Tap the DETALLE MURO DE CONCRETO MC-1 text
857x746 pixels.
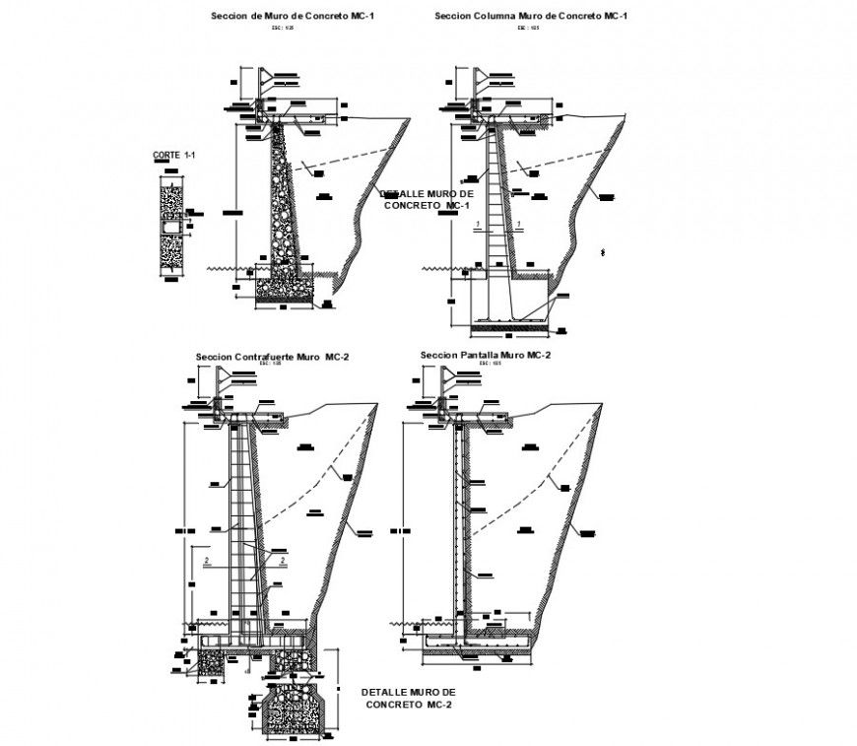(x=427, y=199)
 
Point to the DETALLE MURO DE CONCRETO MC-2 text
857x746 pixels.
(x=409, y=699)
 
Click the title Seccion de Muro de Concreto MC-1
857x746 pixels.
(x=279, y=17)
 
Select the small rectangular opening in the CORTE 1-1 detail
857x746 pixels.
(x=170, y=230)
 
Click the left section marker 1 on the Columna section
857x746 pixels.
(x=478, y=226)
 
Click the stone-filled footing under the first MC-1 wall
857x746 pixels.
(x=285, y=287)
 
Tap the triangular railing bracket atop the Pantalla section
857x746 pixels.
(x=449, y=375)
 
